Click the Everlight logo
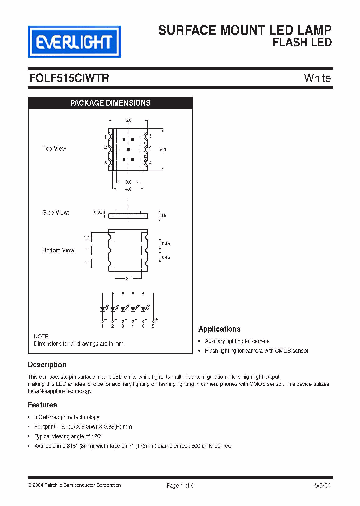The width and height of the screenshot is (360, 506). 74,42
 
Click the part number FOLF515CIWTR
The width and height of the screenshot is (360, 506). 69,78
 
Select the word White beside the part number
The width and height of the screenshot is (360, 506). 317,78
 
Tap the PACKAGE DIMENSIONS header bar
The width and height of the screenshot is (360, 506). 110,103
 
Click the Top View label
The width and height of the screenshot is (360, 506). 55,149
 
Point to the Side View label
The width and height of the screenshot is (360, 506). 56,213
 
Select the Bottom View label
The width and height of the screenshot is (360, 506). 59,250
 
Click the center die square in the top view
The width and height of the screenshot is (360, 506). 128,149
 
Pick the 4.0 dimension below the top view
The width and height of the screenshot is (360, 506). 128,189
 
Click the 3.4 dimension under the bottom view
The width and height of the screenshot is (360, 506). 128,278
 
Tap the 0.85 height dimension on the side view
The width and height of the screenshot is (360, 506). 98,213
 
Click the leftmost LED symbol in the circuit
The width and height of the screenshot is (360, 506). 103,308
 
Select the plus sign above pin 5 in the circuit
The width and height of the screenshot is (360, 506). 157,319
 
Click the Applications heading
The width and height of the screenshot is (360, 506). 219,329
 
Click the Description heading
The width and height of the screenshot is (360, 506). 47,365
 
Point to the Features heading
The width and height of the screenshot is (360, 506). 42,405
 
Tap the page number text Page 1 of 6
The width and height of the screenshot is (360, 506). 180,486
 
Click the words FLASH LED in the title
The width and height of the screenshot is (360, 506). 302,43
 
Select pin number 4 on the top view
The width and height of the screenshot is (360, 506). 150,163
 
